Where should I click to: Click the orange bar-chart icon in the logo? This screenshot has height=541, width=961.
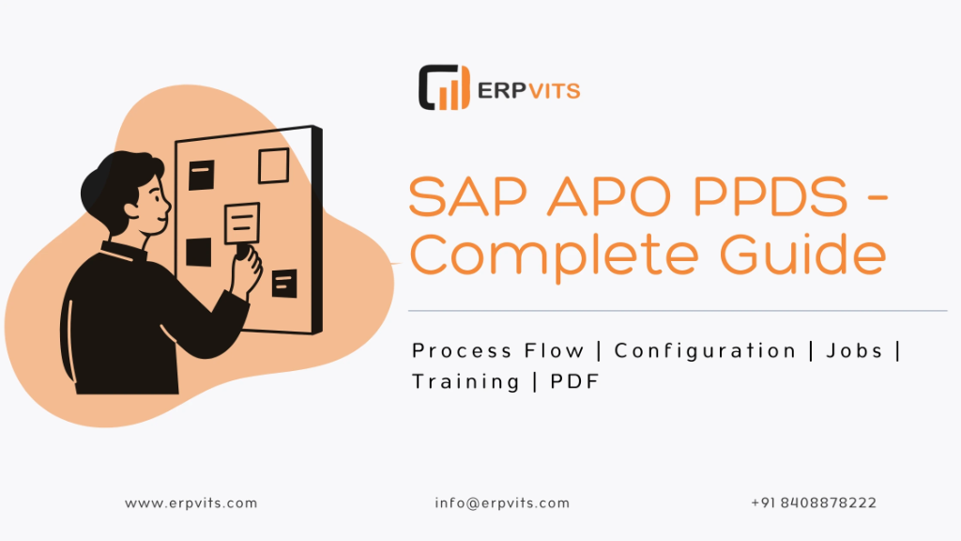(444, 87)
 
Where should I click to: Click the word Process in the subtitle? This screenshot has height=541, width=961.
(453, 351)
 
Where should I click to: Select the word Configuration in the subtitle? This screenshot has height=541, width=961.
(705, 351)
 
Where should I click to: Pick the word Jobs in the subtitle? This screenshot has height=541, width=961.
(854, 351)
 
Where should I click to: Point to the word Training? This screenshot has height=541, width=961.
(465, 381)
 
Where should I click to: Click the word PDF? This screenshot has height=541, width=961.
(572, 381)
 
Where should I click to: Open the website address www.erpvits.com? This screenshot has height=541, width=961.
(191, 503)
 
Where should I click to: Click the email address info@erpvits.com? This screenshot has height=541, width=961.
(502, 503)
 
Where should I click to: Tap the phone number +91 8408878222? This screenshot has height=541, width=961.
(814, 503)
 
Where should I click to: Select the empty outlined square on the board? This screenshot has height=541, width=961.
(273, 165)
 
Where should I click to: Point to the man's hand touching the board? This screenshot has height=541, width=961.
(248, 260)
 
